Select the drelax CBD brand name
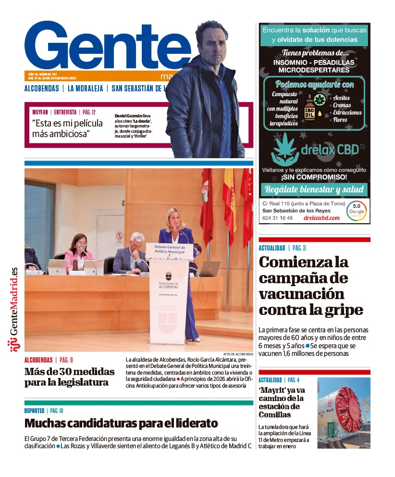[x=329, y=150]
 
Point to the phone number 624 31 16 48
[x=277, y=218]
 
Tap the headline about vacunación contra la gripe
[x=310, y=286]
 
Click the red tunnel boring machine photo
[x=344, y=413]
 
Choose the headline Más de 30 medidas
[x=70, y=377]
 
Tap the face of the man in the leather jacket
[x=211, y=41]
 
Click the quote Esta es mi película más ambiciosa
[x=67, y=128]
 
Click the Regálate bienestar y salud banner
[x=314, y=189]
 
